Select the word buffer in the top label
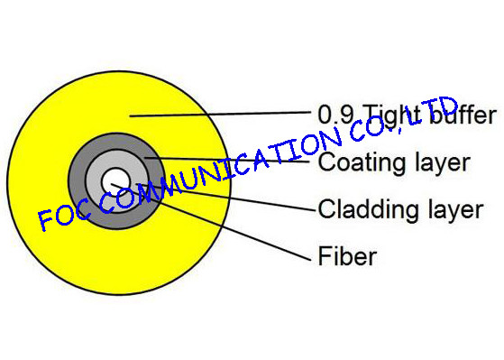(x=459, y=115)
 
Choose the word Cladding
(x=367, y=210)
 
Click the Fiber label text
(x=346, y=257)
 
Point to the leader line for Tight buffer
(x=225, y=115)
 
